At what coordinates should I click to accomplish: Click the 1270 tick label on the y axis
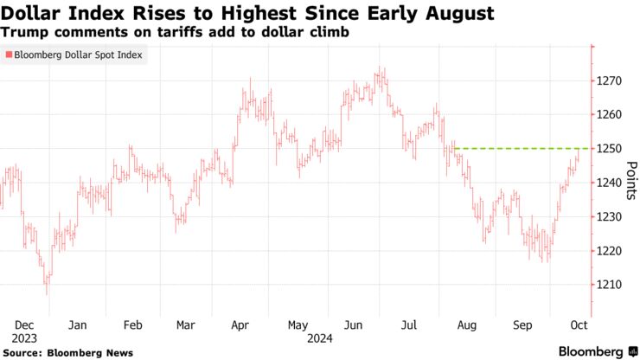610,80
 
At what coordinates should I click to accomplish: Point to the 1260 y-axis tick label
610,114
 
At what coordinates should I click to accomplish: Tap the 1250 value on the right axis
610,149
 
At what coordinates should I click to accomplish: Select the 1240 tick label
610,183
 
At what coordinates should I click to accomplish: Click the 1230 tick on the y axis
610,216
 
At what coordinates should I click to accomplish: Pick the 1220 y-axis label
610,251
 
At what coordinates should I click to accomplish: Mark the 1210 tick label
610,285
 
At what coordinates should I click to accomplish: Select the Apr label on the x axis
240,325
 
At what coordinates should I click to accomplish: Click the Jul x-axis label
409,325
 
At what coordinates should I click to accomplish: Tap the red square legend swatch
9,55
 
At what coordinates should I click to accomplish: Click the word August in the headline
456,13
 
